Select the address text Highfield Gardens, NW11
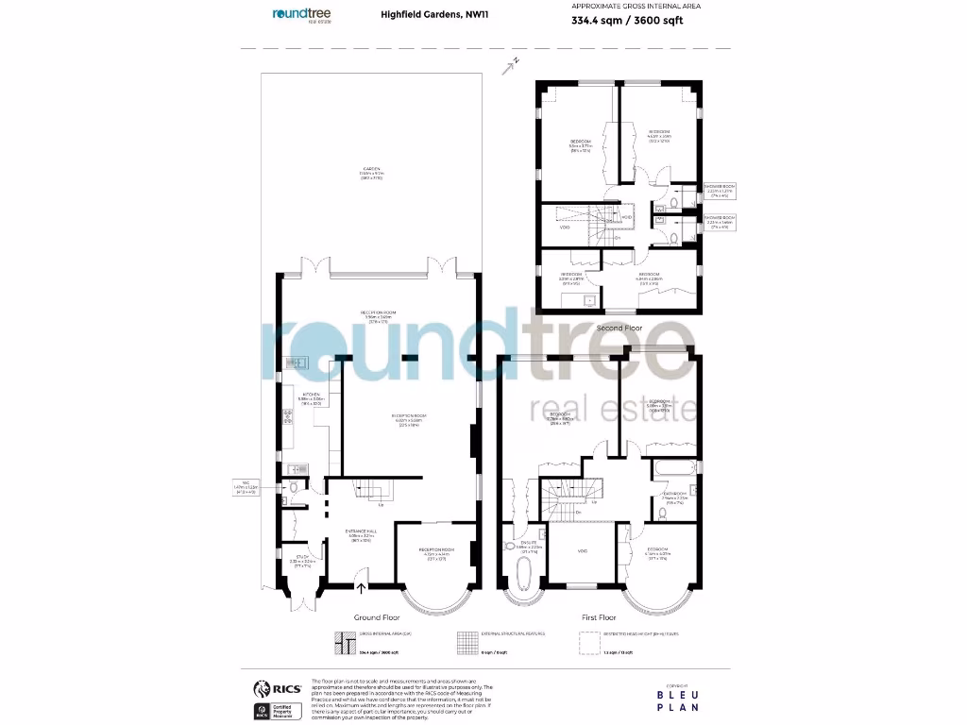pyautogui.click(x=420, y=14)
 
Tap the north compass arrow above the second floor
pyautogui.click(x=513, y=64)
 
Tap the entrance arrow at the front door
pyautogui.click(x=361, y=588)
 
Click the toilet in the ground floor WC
pyautogui.click(x=295, y=488)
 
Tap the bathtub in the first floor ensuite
pyautogui.click(x=522, y=570)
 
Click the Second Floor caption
pyautogui.click(x=619, y=327)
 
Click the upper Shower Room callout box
pyautogui.click(x=725, y=190)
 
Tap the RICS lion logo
pyautogui.click(x=260, y=688)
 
